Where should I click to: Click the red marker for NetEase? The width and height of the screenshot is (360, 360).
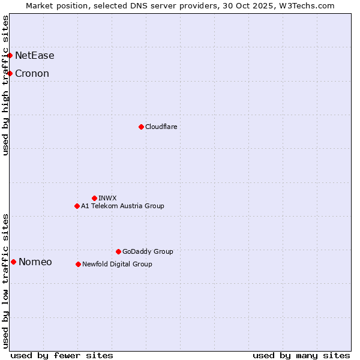(10, 55)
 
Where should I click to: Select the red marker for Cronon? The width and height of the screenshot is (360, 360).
(10, 73)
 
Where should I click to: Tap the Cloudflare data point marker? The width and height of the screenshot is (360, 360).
(141, 127)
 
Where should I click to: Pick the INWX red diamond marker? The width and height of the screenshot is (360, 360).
(94, 198)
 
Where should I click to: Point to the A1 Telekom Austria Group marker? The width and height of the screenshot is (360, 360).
(77, 206)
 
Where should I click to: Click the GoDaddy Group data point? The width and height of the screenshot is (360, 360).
(118, 251)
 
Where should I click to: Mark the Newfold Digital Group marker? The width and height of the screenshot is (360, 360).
(78, 264)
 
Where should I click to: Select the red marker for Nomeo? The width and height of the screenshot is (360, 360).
(13, 262)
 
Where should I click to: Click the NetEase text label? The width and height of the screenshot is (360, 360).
(35, 56)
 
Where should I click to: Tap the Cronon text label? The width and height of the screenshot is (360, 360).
(32, 74)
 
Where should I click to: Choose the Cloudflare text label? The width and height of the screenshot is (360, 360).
(161, 127)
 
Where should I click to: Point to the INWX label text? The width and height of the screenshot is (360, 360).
(107, 198)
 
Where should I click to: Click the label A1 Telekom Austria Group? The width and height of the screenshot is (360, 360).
(122, 206)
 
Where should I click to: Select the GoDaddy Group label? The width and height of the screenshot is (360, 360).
(148, 251)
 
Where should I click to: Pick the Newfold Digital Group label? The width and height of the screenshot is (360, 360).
(117, 264)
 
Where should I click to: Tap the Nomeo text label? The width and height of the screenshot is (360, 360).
(35, 262)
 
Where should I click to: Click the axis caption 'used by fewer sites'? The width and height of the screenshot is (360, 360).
(62, 355)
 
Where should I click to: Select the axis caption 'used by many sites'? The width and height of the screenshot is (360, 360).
(301, 355)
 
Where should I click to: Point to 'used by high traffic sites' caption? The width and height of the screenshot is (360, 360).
(5, 85)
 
